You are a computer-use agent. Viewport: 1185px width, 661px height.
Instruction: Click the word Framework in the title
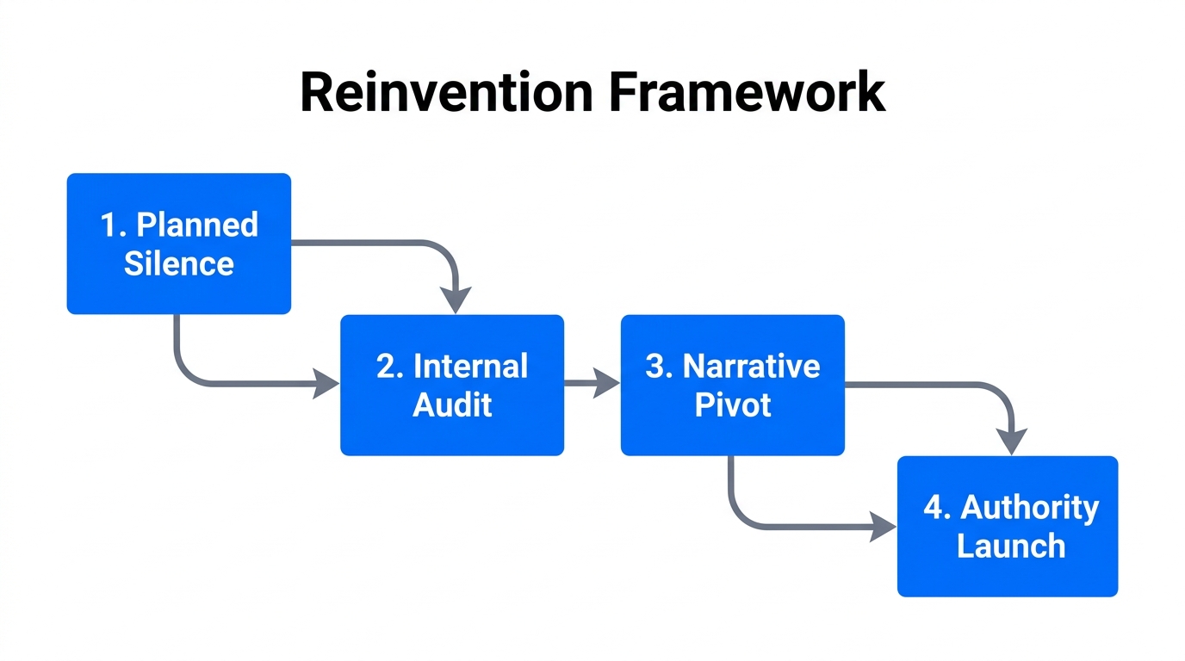748,93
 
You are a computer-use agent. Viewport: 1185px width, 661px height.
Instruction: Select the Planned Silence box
179,244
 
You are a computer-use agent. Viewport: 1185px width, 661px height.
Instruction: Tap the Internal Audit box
452,385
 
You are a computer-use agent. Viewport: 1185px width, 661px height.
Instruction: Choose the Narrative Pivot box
732,385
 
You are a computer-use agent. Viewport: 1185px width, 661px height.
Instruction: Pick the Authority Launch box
1008,526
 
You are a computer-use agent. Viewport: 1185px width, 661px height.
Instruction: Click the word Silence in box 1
179,263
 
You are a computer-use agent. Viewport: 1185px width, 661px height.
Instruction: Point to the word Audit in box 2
452,405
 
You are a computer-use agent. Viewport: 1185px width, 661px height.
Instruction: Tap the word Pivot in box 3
732,405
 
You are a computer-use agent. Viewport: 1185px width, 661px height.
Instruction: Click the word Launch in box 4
1011,546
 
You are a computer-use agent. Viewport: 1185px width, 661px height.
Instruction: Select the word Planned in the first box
197,225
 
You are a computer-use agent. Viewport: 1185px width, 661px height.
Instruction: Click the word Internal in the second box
470,366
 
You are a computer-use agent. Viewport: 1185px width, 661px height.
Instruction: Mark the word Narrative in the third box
751,366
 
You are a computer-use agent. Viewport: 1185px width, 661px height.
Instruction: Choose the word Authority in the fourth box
1029,507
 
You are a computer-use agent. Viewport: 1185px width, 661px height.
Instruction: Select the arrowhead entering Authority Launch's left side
883,525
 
